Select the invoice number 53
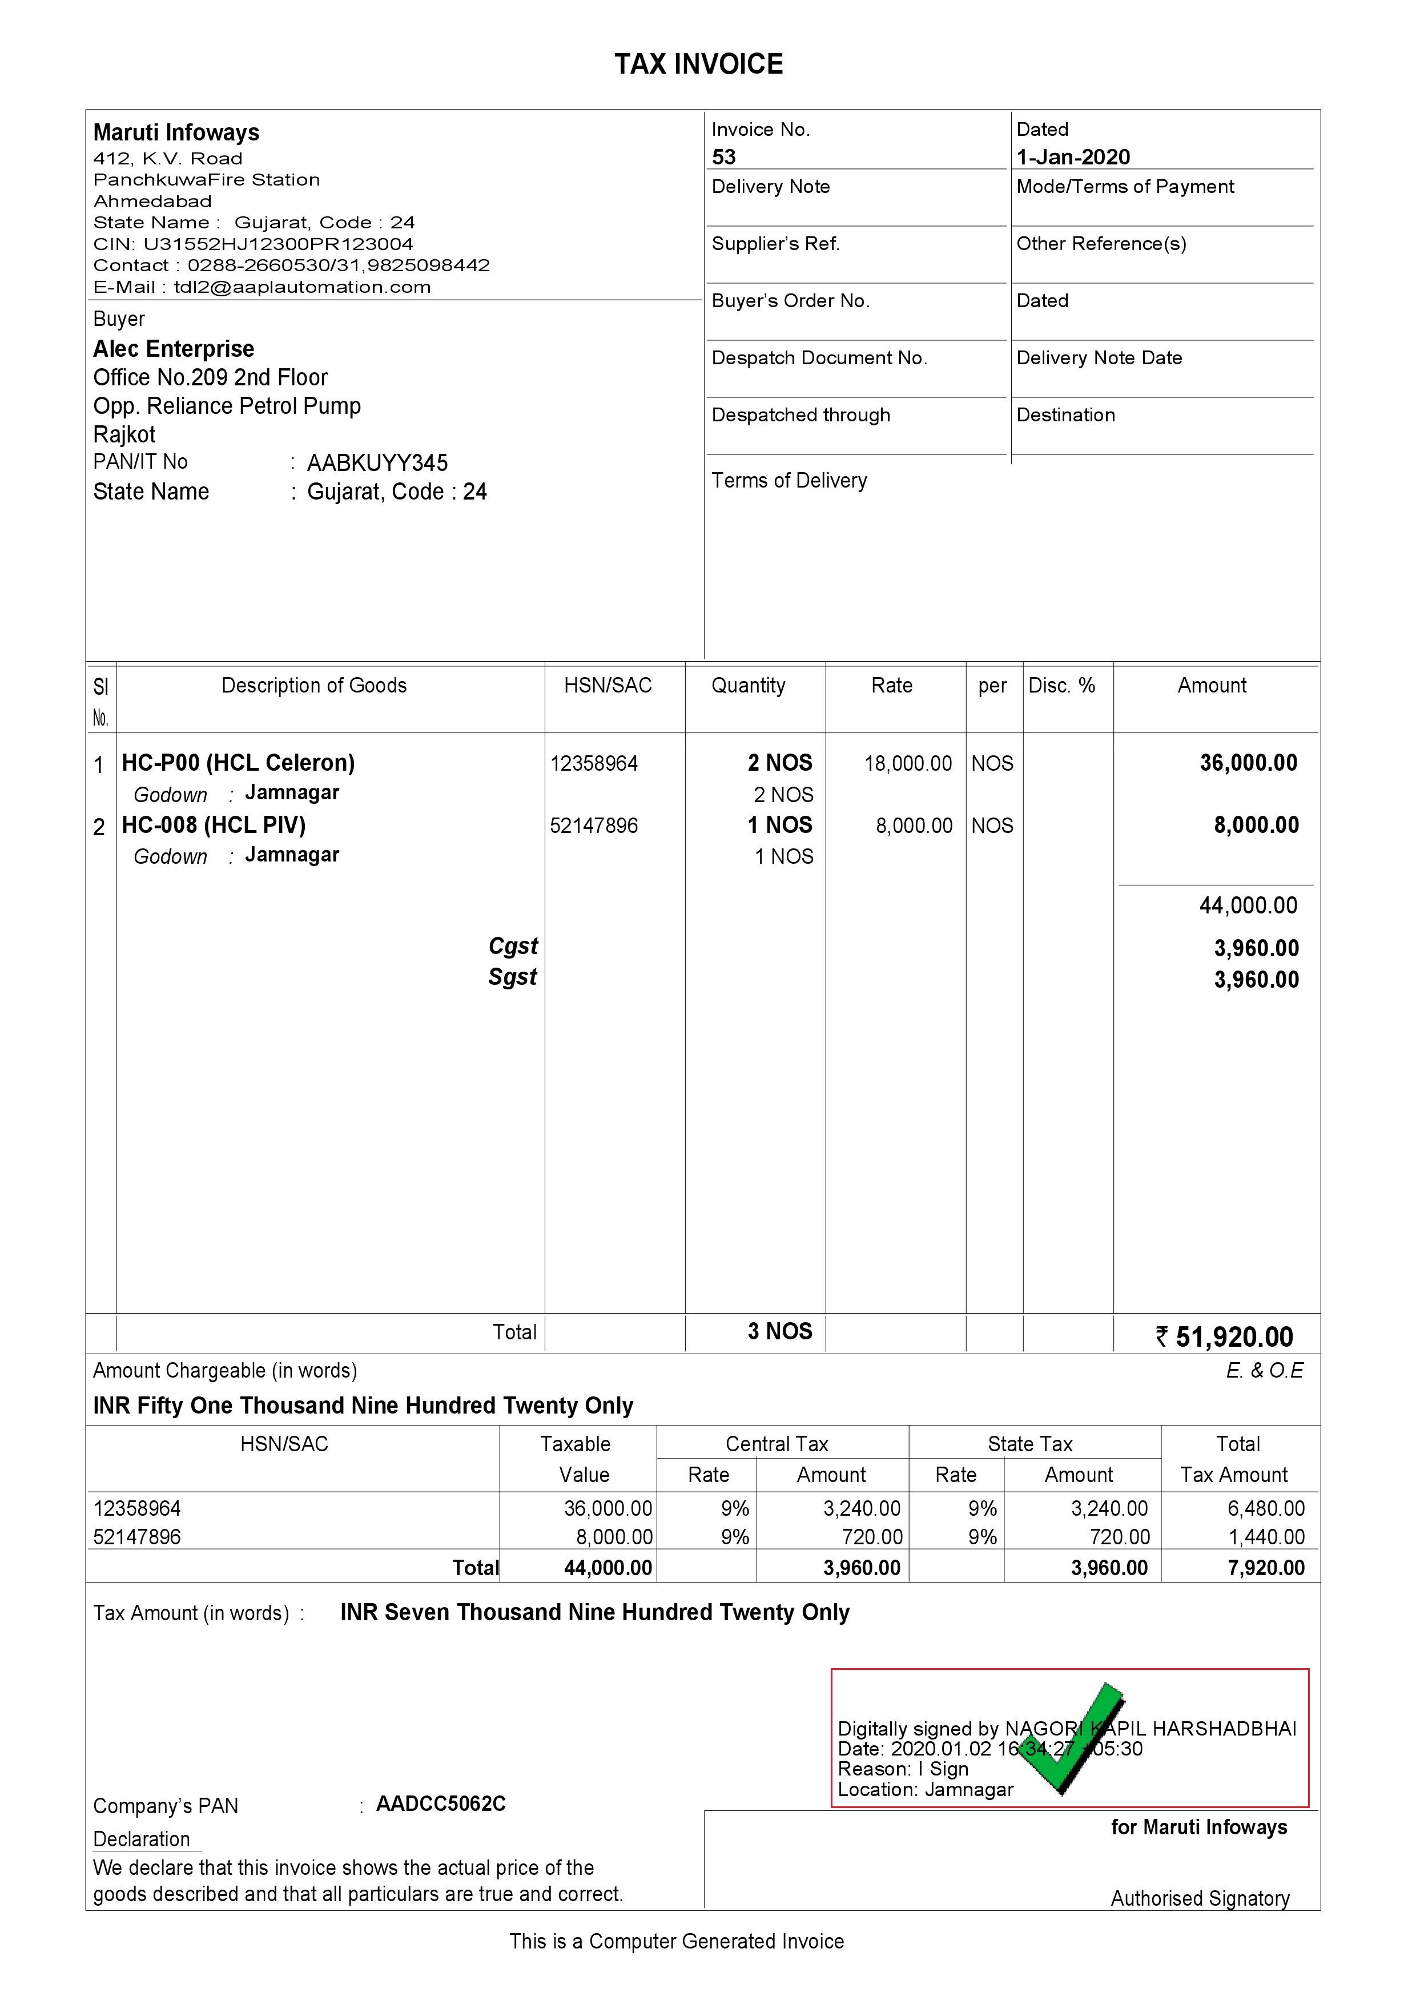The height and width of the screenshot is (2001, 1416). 723,157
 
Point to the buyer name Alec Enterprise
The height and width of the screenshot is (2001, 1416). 174,349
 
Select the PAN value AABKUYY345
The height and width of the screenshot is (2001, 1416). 377,463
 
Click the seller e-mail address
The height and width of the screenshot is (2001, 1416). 301,287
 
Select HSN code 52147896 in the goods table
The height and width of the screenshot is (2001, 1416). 594,826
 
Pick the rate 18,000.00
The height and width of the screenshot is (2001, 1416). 908,764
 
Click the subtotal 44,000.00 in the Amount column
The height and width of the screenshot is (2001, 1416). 1248,906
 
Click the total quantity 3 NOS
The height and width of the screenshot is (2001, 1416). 779,1331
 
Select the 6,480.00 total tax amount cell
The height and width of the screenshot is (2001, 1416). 1265,1508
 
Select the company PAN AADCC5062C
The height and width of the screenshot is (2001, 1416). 440,1804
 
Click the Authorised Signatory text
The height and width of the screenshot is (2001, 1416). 1199,1898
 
